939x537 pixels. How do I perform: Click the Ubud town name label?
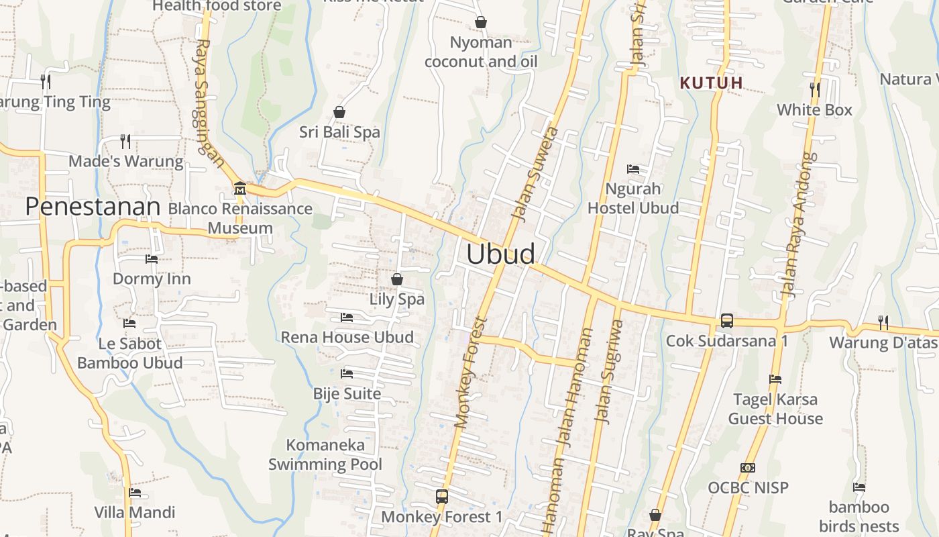pos(501,254)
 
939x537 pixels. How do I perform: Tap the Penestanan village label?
pos(93,207)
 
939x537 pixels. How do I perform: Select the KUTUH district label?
pos(712,83)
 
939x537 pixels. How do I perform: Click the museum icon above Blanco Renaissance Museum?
pos(239,189)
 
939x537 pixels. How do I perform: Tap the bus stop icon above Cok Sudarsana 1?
pos(727,321)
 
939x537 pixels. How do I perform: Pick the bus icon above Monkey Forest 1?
pos(442,497)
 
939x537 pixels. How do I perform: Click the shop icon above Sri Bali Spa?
pos(339,112)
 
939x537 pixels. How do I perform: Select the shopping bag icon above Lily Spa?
pos(397,279)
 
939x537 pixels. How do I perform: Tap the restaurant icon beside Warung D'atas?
pos(883,323)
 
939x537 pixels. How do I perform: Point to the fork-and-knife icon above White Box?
pos(814,89)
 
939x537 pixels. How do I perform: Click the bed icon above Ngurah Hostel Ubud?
pos(633,168)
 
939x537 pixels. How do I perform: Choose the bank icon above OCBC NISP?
pos(748,467)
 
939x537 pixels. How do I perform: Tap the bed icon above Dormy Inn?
pos(152,258)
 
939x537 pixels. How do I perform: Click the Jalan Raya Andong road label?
pos(799,225)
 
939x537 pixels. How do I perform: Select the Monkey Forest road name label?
pos(469,373)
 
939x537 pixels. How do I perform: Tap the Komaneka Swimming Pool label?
pos(325,454)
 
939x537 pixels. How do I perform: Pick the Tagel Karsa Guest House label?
pos(775,409)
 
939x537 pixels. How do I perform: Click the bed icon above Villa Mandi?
pos(135,493)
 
